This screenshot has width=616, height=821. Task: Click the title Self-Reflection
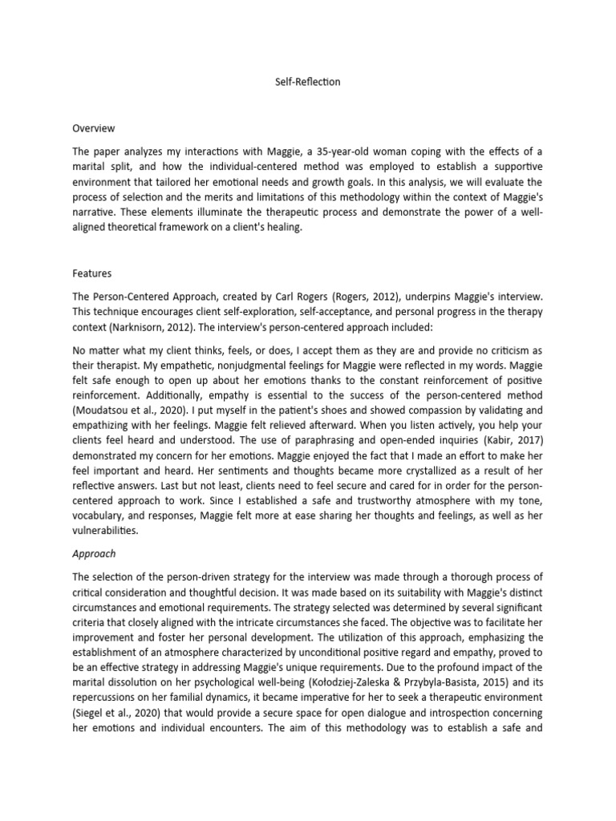[x=307, y=83]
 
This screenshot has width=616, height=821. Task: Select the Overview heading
[x=94, y=128]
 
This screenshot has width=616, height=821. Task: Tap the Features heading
[x=91, y=273]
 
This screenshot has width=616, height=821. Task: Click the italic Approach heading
[x=95, y=554]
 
